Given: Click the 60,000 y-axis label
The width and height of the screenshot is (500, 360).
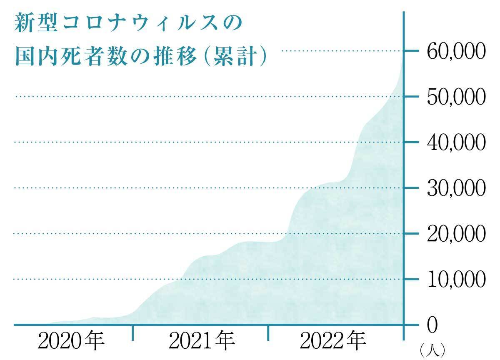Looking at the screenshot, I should [456, 51].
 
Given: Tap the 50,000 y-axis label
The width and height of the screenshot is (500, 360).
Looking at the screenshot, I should [456, 97].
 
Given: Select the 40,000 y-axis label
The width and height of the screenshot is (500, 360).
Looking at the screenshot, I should [456, 142].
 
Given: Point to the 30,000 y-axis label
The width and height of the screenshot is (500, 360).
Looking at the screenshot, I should [456, 188].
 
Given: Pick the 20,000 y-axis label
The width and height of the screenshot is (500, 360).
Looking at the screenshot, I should [456, 234].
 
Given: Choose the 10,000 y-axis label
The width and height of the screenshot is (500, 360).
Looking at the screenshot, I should [456, 279].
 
